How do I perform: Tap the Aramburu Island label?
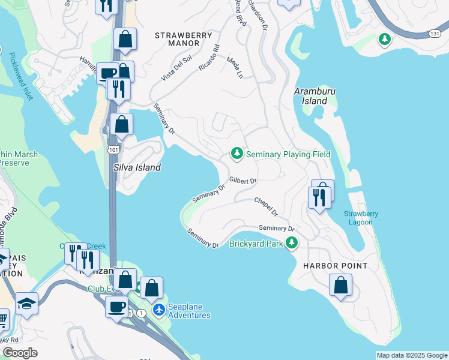pyautogui.click(x=310, y=96)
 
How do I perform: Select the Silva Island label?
pyautogui.click(x=137, y=167)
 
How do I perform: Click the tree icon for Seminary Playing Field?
pyautogui.click(x=237, y=154)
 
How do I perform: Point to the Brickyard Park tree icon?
pyautogui.click(x=292, y=243)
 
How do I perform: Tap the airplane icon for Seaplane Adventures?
pyautogui.click(x=158, y=310)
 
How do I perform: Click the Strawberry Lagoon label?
pyautogui.click(x=358, y=218)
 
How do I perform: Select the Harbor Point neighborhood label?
pyautogui.click(x=327, y=265)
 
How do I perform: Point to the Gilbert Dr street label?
pyautogui.click(x=243, y=181)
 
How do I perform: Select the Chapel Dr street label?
pyautogui.click(x=266, y=206)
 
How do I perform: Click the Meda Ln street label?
pyautogui.click(x=235, y=67)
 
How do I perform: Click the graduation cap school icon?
pyautogui.click(x=27, y=304)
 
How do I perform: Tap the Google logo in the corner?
pyautogui.click(x=20, y=352)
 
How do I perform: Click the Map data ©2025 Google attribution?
pyautogui.click(x=411, y=355)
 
